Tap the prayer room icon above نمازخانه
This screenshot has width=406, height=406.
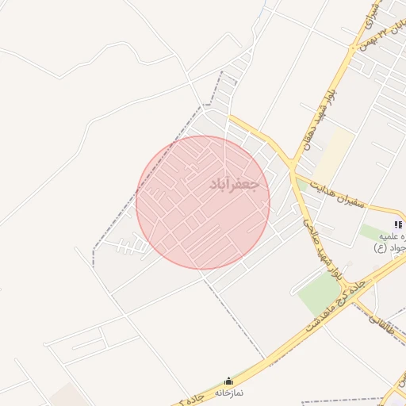(x=230, y=381)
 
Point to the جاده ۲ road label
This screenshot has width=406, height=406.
(x=193, y=396)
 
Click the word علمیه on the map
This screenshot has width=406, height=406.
(x=392, y=236)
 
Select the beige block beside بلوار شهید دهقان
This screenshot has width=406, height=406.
(x=334, y=155)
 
